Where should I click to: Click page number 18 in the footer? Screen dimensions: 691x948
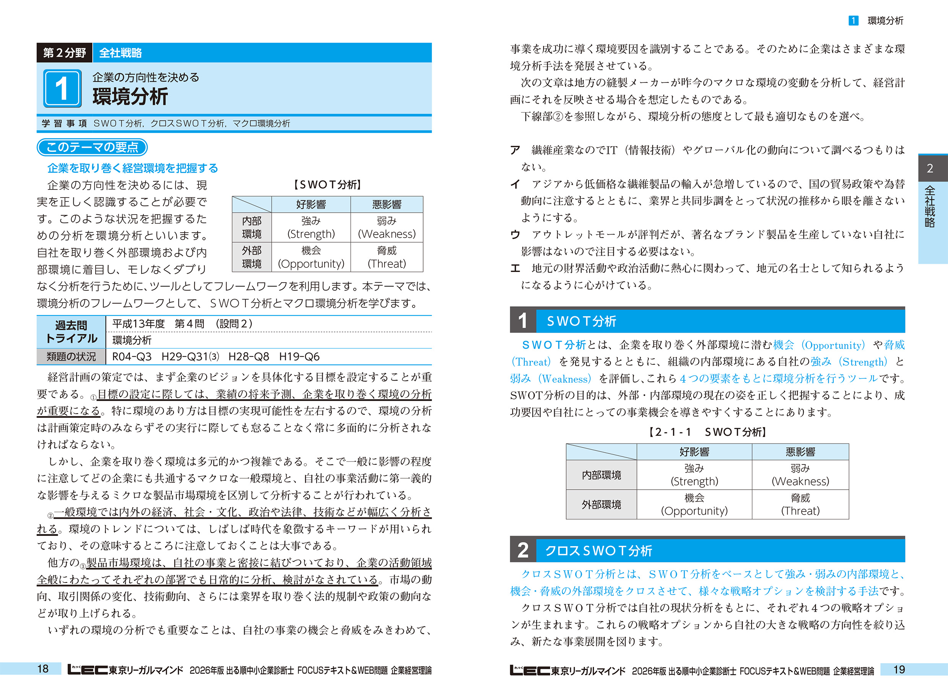pyautogui.click(x=43, y=669)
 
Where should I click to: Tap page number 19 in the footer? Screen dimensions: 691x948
pyautogui.click(x=899, y=669)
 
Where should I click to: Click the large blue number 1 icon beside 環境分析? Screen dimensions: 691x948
pyautogui.click(x=62, y=88)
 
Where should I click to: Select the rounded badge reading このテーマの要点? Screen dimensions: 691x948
pyautogui.click(x=92, y=147)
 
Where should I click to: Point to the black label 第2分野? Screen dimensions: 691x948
pyautogui.click(x=65, y=53)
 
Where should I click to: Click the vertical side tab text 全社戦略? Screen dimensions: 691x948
pyautogui.click(x=930, y=207)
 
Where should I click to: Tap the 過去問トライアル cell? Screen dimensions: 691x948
pyautogui.click(x=71, y=332)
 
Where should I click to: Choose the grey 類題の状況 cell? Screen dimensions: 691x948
pyautogui.click(x=71, y=357)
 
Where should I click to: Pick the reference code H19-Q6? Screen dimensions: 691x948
pyautogui.click(x=299, y=357)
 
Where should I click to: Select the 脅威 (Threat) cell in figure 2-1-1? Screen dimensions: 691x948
pyautogui.click(x=800, y=505)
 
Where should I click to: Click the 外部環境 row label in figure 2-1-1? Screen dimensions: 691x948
pyautogui.click(x=601, y=505)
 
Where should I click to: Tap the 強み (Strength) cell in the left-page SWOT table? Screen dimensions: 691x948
pyautogui.click(x=311, y=227)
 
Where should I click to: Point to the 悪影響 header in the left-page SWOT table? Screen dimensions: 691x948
pyautogui.click(x=387, y=204)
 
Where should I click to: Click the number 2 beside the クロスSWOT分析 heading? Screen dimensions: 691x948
pyautogui.click(x=523, y=550)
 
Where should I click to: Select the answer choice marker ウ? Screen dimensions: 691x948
pyautogui.click(x=515, y=235)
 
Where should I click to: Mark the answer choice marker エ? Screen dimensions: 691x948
pyautogui.click(x=515, y=268)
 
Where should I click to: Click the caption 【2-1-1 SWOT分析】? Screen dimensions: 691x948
pyautogui.click(x=707, y=432)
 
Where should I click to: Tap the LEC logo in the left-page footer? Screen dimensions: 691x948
pyautogui.click(x=87, y=670)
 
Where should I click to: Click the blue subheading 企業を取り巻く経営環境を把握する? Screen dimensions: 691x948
pyautogui.click(x=133, y=168)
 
